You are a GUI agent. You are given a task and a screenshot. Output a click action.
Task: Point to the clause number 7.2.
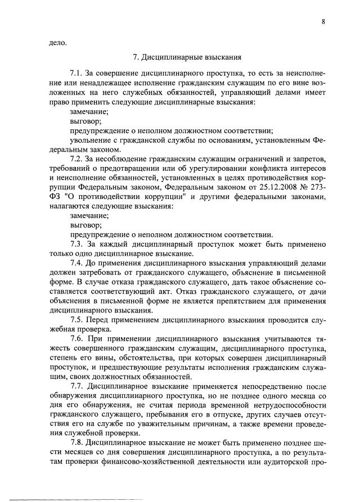[77, 159]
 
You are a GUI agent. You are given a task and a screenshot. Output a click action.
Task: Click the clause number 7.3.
[77, 244]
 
